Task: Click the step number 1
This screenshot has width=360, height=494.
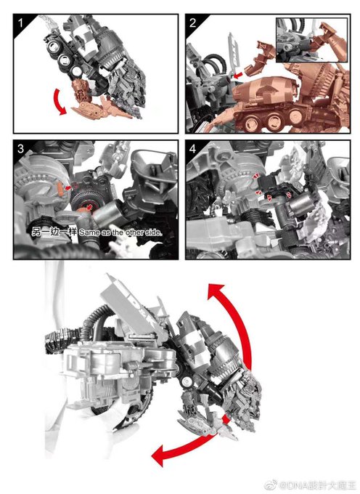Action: click(x=21, y=23)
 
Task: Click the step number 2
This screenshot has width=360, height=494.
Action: click(x=193, y=23)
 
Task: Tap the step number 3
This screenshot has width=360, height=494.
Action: click(x=21, y=149)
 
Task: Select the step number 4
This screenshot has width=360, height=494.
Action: click(x=193, y=149)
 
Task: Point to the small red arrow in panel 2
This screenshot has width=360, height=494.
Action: click(x=238, y=75)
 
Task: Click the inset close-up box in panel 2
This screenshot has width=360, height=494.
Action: click(x=312, y=40)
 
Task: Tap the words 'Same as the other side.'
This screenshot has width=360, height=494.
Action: click(x=120, y=232)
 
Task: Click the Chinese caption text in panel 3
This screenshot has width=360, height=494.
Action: click(x=54, y=232)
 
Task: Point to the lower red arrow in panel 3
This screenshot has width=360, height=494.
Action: click(x=90, y=206)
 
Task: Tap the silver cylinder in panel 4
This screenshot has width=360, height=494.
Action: click(x=303, y=203)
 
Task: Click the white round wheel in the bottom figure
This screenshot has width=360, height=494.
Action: click(x=187, y=381)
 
